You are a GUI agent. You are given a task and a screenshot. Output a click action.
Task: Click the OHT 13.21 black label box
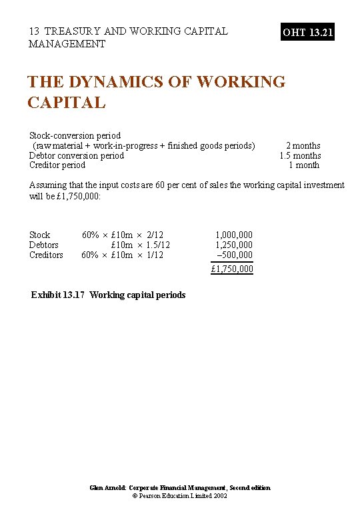click(x=308, y=31)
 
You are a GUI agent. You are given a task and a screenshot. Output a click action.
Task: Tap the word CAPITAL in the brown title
click(x=66, y=103)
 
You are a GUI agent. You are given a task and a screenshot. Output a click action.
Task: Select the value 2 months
click(x=303, y=145)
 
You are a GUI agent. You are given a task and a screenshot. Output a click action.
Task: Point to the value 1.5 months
click(x=300, y=155)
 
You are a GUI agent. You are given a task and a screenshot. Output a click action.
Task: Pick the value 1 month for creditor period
click(x=304, y=165)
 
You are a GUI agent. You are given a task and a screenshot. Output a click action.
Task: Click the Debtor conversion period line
click(x=77, y=155)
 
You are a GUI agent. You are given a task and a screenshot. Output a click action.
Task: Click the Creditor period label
click(x=57, y=165)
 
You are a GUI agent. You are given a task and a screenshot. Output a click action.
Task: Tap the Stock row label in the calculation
click(x=39, y=235)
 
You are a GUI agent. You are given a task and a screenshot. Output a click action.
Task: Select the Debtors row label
click(x=44, y=245)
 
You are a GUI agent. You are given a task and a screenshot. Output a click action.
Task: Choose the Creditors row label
click(x=46, y=255)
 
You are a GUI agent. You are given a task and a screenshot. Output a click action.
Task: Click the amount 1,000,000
click(x=233, y=235)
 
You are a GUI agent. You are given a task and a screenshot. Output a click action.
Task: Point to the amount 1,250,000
click(x=233, y=245)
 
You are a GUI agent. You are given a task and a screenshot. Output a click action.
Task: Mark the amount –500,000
click(x=235, y=255)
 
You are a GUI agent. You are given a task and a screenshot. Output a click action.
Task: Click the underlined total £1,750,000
click(x=232, y=269)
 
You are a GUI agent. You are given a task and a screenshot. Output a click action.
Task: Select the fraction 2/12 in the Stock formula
click(x=155, y=235)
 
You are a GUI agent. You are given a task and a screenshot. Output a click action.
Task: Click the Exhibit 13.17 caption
click(x=109, y=295)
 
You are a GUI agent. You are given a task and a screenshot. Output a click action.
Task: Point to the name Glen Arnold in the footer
click(x=108, y=488)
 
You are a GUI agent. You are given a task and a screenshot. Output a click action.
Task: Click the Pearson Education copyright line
click(x=180, y=497)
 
